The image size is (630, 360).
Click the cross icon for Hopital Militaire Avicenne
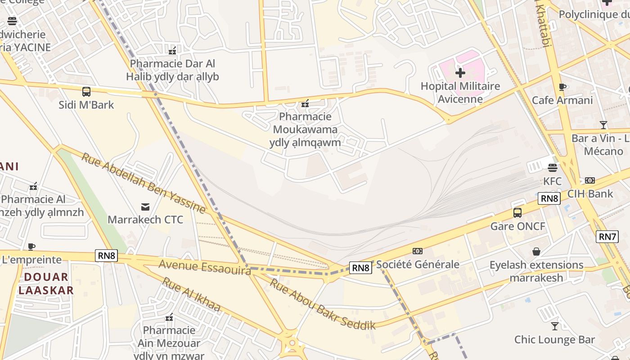pyautogui.click(x=460, y=72)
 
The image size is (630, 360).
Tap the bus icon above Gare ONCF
pyautogui.click(x=517, y=213)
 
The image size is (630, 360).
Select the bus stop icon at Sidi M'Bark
pyautogui.click(x=86, y=92)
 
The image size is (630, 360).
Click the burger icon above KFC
pyautogui.click(x=553, y=168)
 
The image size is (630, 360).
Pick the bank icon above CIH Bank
pyautogui.click(x=590, y=180)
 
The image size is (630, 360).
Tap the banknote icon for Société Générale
pyautogui.click(x=418, y=251)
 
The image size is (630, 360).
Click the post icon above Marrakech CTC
pyautogui.click(x=145, y=207)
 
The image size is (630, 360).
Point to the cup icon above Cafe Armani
pyautogui.click(x=562, y=87)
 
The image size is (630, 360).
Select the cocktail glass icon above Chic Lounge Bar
pyautogui.click(x=554, y=326)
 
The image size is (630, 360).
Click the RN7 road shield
pyautogui.click(x=607, y=236)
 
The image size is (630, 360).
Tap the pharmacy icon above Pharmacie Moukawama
pyautogui.click(x=306, y=103)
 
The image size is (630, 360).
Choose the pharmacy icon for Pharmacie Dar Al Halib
pyautogui.click(x=172, y=50)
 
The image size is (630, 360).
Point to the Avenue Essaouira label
pyautogui.click(x=204, y=267)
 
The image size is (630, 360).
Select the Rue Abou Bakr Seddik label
pyautogui.click(x=322, y=304)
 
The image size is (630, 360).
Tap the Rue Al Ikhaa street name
pyautogui.click(x=191, y=295)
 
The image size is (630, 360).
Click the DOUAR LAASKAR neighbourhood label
pyautogui.click(x=46, y=283)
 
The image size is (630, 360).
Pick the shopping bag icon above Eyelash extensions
pyautogui.click(x=536, y=251)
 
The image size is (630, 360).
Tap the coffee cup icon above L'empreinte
pyautogui.click(x=31, y=247)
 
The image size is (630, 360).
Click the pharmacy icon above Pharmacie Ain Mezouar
pyautogui.click(x=169, y=317)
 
